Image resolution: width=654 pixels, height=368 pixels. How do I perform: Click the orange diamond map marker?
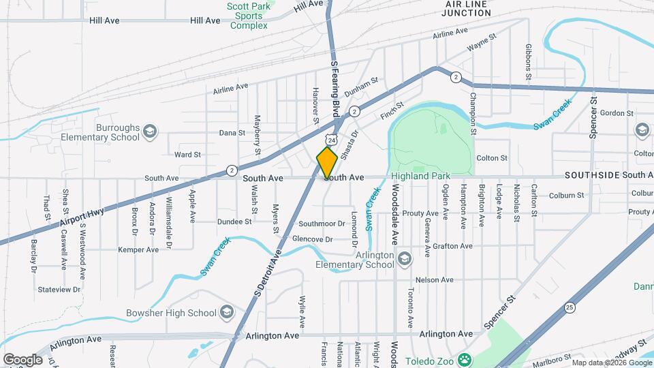[x=327, y=162]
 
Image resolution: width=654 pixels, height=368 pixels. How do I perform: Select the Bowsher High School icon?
[x=226, y=313]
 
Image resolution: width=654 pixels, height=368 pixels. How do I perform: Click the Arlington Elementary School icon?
[x=405, y=259]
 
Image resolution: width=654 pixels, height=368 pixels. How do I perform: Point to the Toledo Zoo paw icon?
[x=465, y=359]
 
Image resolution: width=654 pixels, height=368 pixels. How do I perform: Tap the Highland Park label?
[x=420, y=176]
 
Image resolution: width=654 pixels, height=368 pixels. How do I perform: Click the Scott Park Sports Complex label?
[x=249, y=16]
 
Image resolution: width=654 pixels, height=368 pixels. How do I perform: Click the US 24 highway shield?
[x=331, y=140]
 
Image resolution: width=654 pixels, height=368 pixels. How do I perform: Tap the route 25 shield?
[x=569, y=307]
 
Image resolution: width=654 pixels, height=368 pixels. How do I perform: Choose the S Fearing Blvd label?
[x=334, y=86]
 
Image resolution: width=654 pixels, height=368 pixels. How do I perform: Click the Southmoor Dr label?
[x=322, y=223]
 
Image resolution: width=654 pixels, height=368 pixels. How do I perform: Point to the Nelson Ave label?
[x=434, y=279]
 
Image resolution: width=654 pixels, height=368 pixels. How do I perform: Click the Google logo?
[x=22, y=360]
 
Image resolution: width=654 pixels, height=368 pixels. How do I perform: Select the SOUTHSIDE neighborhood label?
[x=591, y=175]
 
